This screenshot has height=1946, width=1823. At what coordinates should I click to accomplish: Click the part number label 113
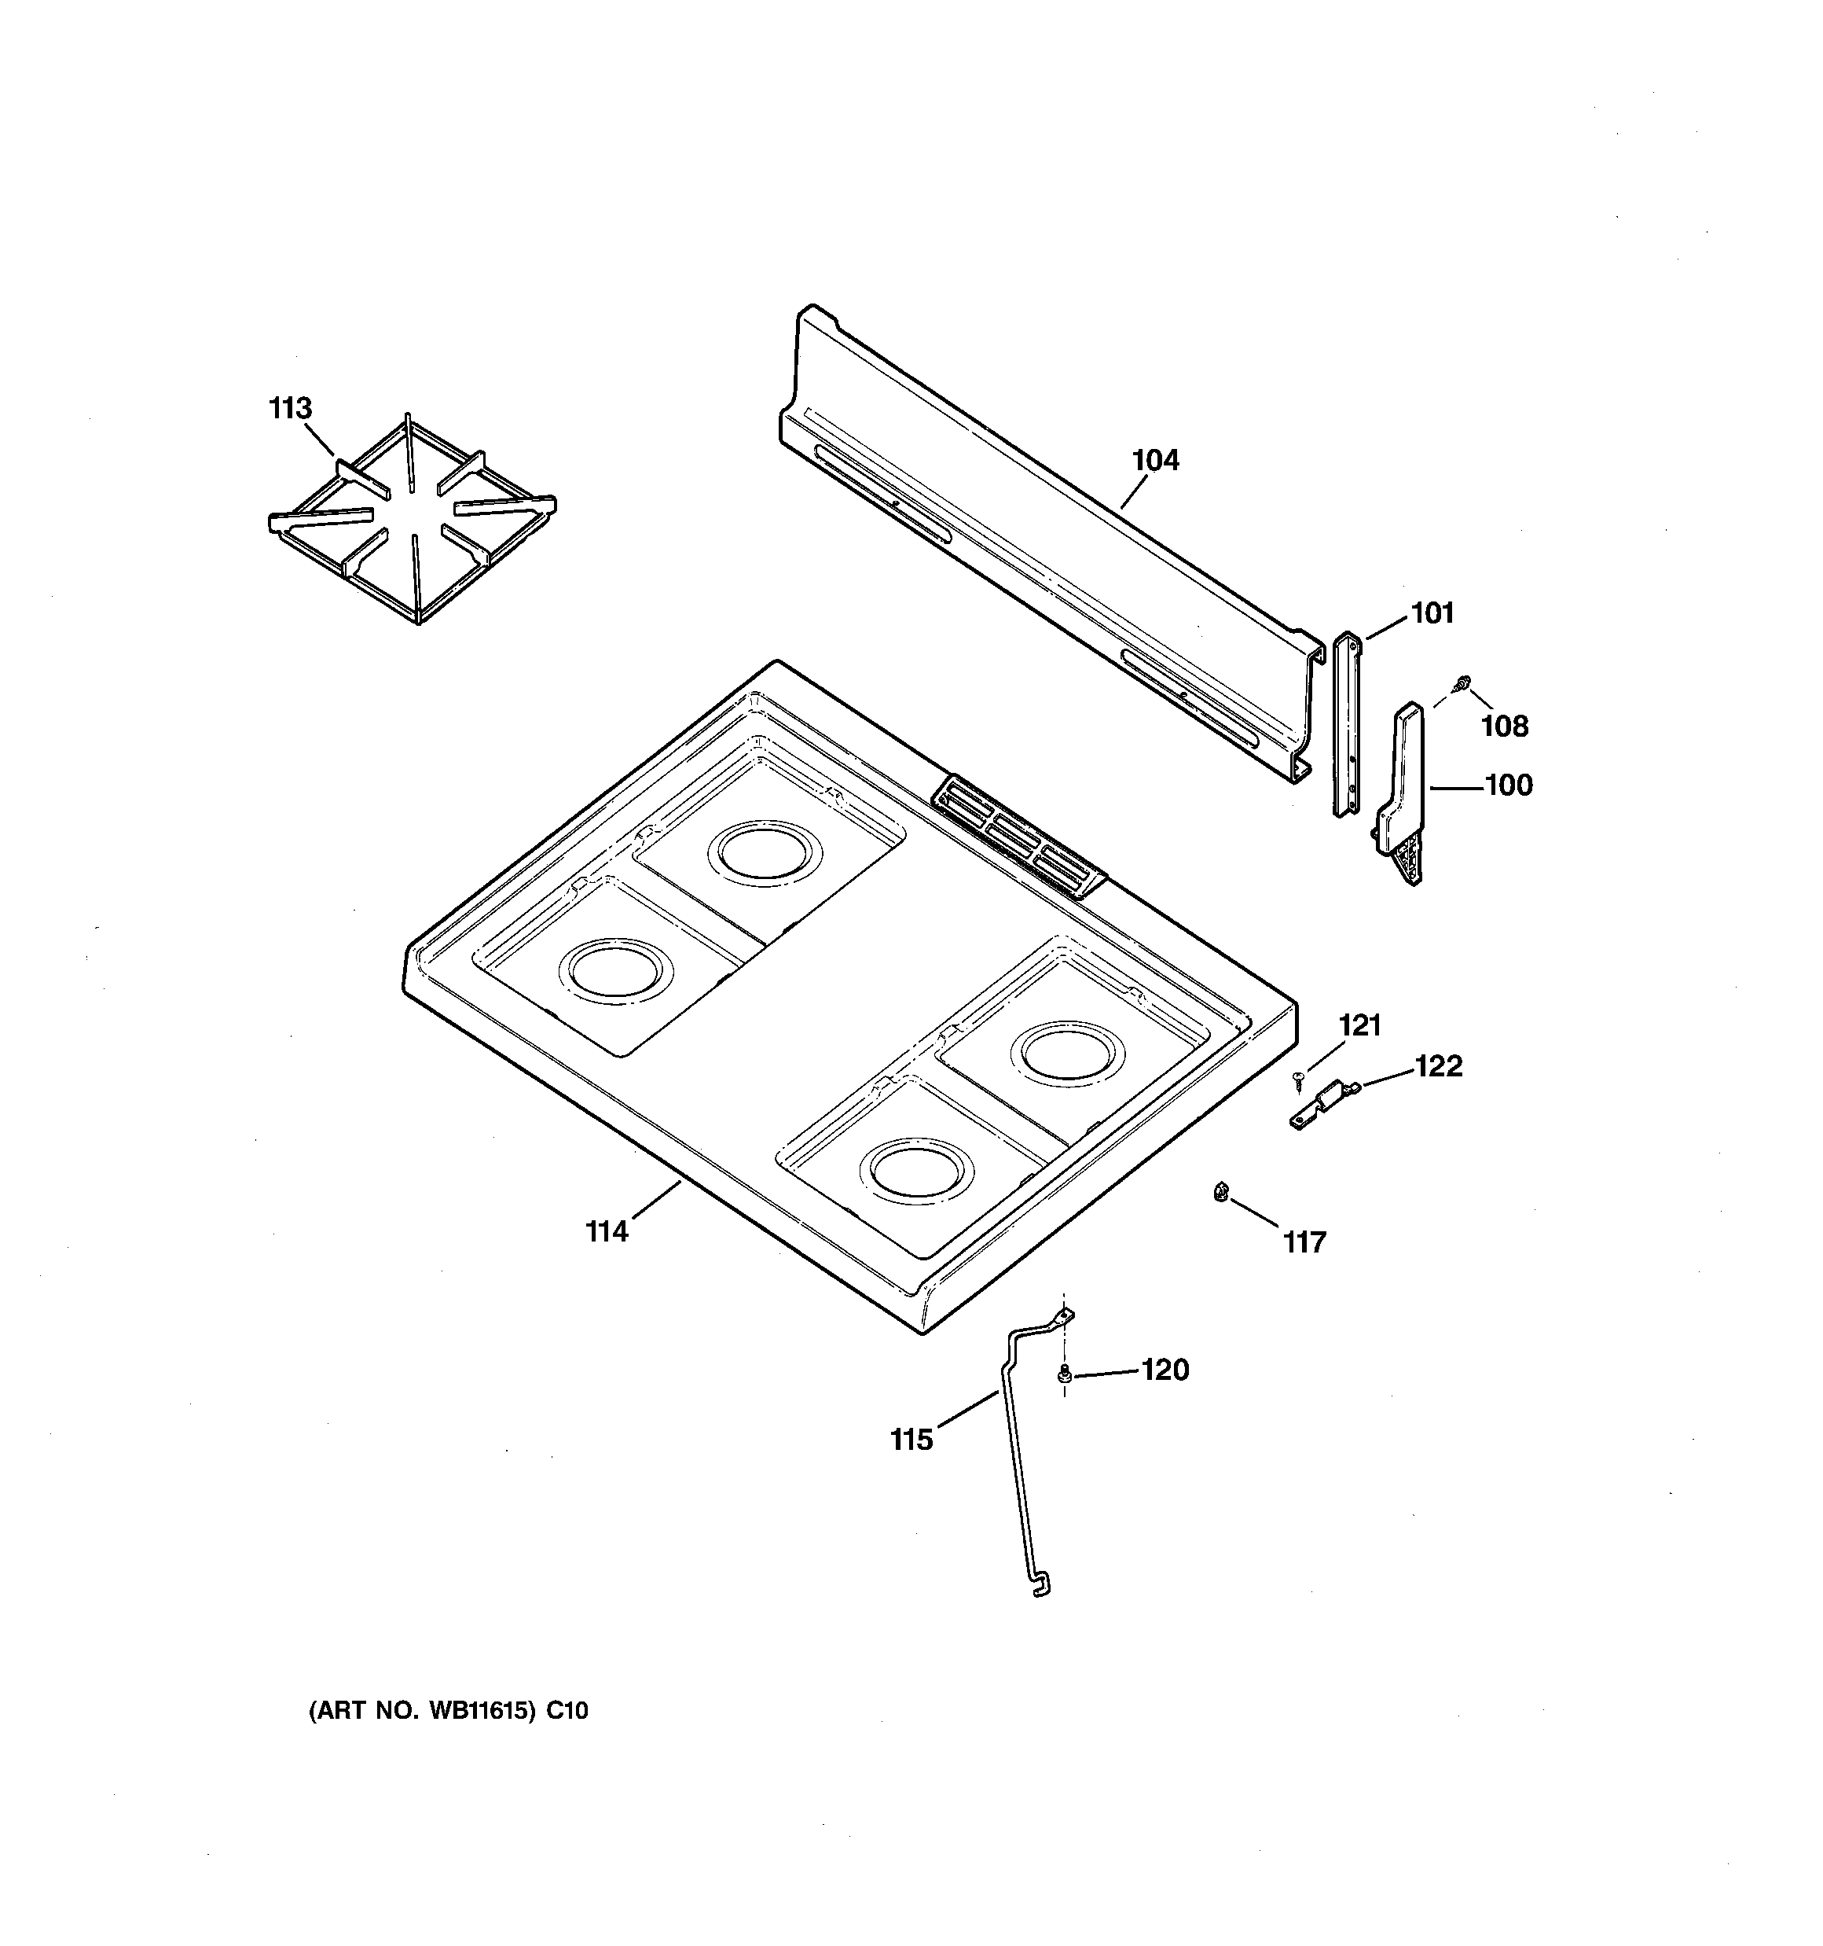point(290,408)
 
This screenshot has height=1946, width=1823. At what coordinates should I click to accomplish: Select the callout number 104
point(1156,459)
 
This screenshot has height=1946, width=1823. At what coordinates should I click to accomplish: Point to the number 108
point(1504,726)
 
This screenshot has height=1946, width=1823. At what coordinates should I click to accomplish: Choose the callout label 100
point(1509,784)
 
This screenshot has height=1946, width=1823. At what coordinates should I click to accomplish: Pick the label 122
point(1439,1065)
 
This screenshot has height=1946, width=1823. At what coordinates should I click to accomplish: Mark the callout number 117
point(1304,1242)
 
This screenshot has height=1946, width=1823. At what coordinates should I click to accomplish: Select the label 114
point(607,1231)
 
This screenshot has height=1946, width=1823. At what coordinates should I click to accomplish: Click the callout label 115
point(911,1439)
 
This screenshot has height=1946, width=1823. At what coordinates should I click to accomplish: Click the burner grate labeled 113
point(413,519)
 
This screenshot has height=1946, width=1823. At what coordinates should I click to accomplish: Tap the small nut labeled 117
point(1220,1191)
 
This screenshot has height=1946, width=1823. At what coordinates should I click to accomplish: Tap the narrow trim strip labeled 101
point(1347,724)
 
